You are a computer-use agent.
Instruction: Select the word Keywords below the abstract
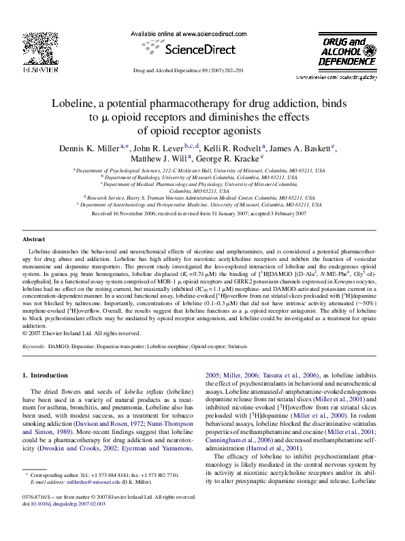pos(34,346)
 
